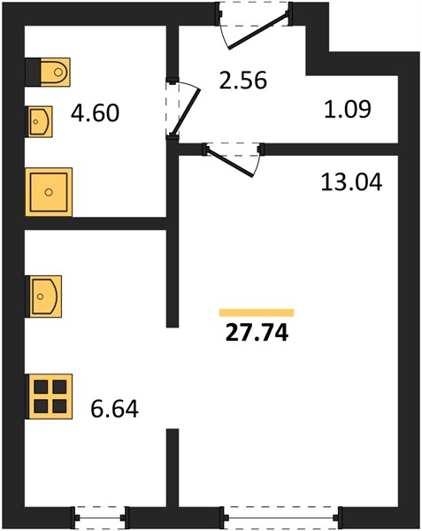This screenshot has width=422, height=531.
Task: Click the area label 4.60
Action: pyautogui.click(x=95, y=113)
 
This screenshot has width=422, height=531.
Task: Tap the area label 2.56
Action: pyautogui.click(x=243, y=81)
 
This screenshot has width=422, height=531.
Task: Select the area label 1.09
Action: pyautogui.click(x=348, y=109)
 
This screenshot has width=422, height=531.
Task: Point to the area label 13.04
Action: pyautogui.click(x=351, y=181)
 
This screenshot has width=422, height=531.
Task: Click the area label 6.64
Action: pyautogui.click(x=114, y=409)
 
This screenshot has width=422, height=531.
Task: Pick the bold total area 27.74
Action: pyautogui.click(x=257, y=334)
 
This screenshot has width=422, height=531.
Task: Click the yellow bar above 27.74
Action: pyautogui.click(x=257, y=312)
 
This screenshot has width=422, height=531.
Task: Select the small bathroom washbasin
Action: pyautogui.click(x=40, y=121)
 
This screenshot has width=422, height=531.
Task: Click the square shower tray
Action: pyautogui.click(x=49, y=192)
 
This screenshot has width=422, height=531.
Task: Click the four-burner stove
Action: pyautogui.click(x=50, y=396)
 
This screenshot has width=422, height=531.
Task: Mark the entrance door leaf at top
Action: pyautogui.click(x=258, y=30)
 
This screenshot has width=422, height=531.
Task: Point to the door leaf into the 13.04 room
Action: pyautogui.click(x=231, y=163)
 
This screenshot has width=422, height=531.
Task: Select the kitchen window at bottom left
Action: pyautogui.click(x=99, y=518)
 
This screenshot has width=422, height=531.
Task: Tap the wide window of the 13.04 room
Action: pyautogui.click(x=280, y=518)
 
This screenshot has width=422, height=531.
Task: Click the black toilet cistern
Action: pyautogui.click(x=33, y=73)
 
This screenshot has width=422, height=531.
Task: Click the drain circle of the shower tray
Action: pyautogui.click(x=49, y=192)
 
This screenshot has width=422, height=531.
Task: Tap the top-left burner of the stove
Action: pyautogui.click(x=41, y=387)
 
